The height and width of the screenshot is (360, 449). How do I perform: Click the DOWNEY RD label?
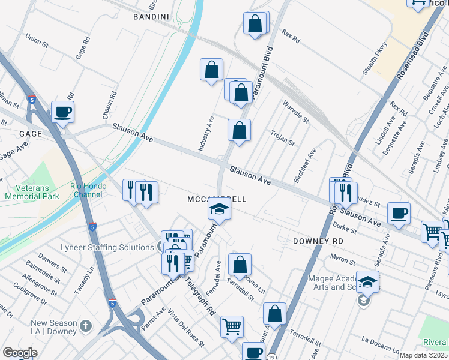[x=318, y=241]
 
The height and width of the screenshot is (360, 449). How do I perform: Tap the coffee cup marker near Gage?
[x=62, y=112]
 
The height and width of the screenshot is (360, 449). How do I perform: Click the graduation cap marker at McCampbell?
[x=220, y=210]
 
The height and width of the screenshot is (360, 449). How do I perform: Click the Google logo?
[x=20, y=353]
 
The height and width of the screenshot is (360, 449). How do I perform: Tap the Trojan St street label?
[x=282, y=139]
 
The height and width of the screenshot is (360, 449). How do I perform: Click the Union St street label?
[x=37, y=40]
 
